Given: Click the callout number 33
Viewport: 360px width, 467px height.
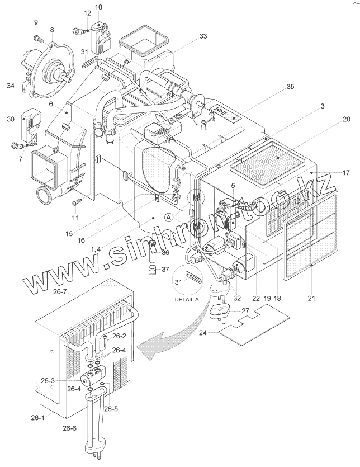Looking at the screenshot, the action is point(203,36).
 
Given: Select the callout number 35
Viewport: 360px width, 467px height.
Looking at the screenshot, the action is point(290,86).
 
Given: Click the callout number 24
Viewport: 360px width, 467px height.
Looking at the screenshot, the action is point(203,333).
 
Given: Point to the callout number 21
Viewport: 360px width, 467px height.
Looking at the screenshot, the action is point(311,298).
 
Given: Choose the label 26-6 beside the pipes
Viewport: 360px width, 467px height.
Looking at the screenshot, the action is point(69,428).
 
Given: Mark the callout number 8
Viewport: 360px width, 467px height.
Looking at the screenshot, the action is point(52,30).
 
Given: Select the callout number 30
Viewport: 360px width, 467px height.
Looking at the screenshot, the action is point(11,119).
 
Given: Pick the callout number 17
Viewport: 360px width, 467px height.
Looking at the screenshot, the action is point(346,172).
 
